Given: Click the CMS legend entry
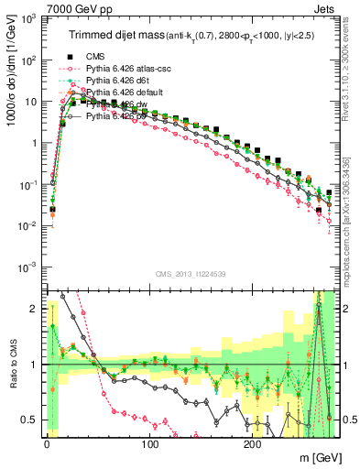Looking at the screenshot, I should point(94,56).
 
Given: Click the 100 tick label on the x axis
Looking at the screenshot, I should point(149,443).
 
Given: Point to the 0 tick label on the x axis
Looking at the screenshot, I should point(47,443).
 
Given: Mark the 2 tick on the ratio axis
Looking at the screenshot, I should point(32,309).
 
